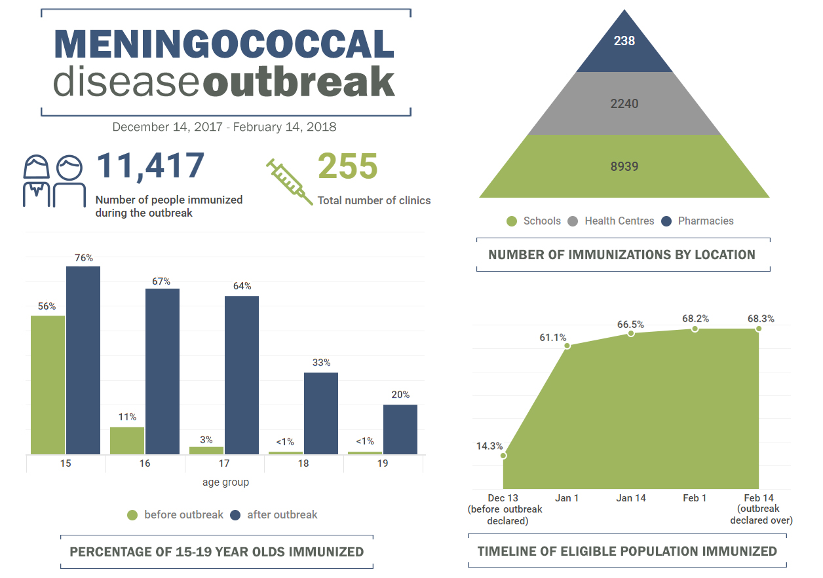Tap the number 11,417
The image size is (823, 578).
[x=151, y=166]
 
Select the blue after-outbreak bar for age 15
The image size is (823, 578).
[x=83, y=360]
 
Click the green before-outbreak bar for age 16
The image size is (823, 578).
[x=127, y=441]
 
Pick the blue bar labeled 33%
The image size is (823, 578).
[x=321, y=413]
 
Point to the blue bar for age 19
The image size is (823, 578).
[x=400, y=429]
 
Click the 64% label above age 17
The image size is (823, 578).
[x=242, y=286]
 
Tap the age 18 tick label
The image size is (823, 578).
[x=303, y=463]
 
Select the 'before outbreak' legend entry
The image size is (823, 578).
[x=176, y=515]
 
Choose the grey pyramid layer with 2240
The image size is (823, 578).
[x=624, y=103]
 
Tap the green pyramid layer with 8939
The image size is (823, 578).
[x=624, y=166]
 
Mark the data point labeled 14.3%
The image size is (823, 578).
[x=503, y=455]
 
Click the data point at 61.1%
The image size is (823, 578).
[x=567, y=345]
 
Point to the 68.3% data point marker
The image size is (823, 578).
[x=758, y=329]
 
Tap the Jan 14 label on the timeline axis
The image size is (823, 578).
[x=631, y=498]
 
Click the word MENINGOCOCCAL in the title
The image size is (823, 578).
[x=224, y=45]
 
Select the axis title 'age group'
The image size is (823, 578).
[x=225, y=482]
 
